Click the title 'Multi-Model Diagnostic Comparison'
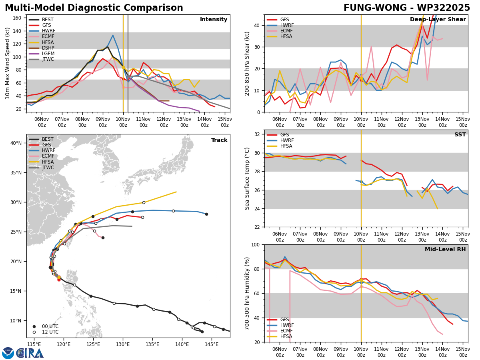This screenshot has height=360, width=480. (x=94, y=8)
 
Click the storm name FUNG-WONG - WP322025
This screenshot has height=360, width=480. (x=407, y=8)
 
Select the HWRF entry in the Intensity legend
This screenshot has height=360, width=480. (x=48, y=31)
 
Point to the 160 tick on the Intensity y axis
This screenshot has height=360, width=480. (x=18, y=18)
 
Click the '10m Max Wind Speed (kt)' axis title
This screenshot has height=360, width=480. (x=8, y=63)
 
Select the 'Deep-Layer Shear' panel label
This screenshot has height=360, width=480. (x=438, y=20)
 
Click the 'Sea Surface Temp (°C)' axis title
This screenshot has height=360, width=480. (x=247, y=178)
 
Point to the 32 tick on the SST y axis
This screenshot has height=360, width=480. (x=258, y=134)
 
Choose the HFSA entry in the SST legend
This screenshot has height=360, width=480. (x=284, y=146)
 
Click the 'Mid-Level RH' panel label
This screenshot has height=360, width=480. (x=445, y=250)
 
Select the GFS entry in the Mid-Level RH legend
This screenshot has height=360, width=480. (x=284, y=320)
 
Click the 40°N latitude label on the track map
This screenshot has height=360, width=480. (x=16, y=143)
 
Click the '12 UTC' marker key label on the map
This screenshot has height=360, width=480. (x=50, y=332)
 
